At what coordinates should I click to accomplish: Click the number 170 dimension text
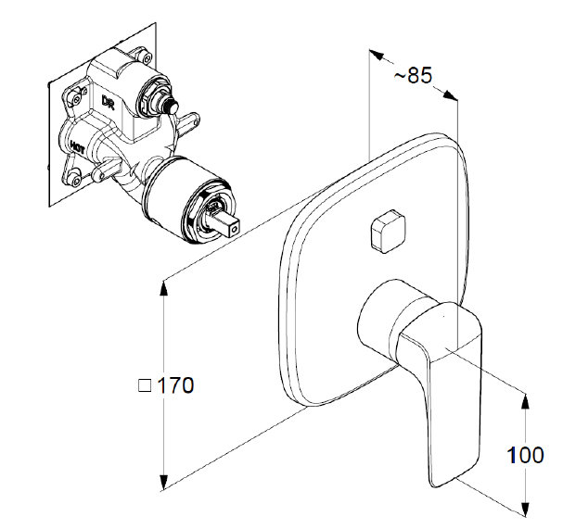[174, 385]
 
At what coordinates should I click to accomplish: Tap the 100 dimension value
[525, 455]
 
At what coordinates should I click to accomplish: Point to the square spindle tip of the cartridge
[232, 221]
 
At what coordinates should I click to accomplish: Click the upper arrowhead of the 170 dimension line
[164, 288]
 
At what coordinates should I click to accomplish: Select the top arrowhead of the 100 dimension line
[525, 401]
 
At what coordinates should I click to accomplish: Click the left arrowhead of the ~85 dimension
[377, 54]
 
